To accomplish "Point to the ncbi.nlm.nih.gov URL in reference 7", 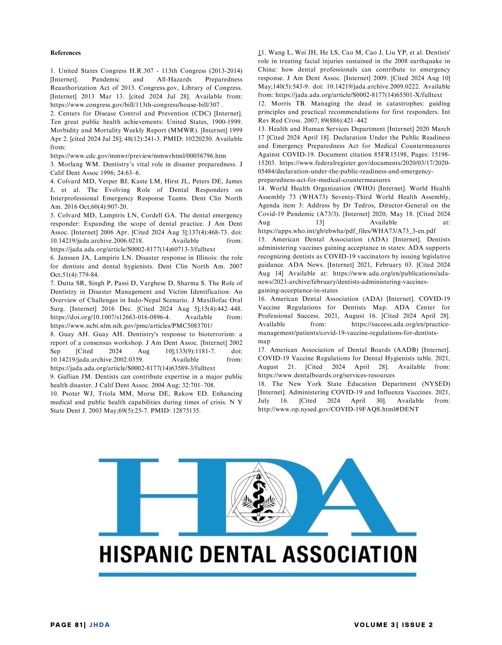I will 131,326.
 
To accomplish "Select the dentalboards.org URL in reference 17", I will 326,375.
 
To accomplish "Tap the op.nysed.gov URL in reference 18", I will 338,409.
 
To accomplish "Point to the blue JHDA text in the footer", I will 99,625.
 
